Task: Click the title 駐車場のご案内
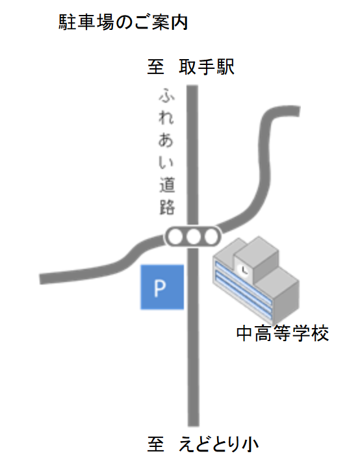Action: (x=123, y=22)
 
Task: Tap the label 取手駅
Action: (x=207, y=67)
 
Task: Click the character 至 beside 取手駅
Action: (x=156, y=67)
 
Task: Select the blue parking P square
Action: (x=162, y=287)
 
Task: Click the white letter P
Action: (x=160, y=288)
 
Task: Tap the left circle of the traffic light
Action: (x=174, y=236)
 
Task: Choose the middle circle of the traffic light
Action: (x=192, y=236)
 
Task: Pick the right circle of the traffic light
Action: (x=211, y=236)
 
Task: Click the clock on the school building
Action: (x=243, y=270)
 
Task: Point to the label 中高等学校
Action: (x=283, y=333)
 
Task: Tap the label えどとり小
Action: (x=218, y=444)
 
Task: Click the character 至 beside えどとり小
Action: (x=156, y=444)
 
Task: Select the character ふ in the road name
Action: (x=167, y=95)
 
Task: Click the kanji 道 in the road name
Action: (x=167, y=185)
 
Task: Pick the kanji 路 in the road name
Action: (x=167, y=207)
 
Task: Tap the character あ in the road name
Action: (x=166, y=140)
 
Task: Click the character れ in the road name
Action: (x=166, y=118)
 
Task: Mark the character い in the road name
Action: (x=166, y=162)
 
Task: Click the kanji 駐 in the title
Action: (x=67, y=23)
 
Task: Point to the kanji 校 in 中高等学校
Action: (x=320, y=333)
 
